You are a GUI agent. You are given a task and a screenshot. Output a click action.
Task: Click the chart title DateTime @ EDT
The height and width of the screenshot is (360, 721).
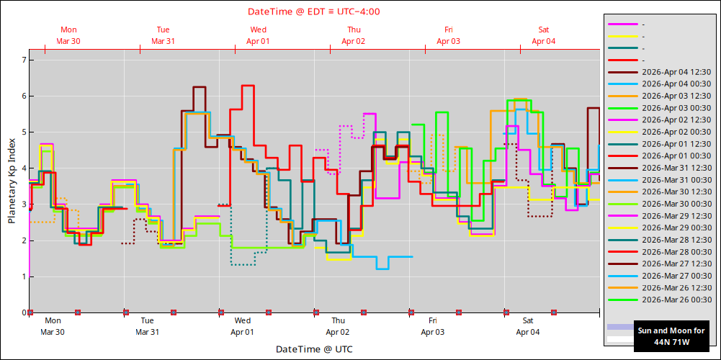click(314, 12)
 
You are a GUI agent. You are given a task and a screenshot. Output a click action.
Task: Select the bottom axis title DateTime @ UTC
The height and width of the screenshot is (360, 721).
click(314, 349)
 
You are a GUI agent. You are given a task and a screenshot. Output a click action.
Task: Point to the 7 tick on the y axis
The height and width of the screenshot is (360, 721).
click(23, 60)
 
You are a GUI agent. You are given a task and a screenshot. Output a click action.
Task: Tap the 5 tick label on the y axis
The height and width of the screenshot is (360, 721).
click(23, 132)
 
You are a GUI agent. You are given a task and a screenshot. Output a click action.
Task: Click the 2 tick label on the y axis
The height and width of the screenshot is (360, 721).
click(23, 240)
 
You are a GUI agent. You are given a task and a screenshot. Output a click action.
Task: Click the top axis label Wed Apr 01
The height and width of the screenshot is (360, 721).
click(259, 35)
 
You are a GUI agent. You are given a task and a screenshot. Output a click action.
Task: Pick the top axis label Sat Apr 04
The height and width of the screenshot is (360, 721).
click(544, 35)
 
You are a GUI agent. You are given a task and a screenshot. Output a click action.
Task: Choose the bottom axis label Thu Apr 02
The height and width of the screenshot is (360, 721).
click(338, 326)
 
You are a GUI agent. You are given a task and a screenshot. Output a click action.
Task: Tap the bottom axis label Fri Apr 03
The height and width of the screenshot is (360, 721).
click(433, 326)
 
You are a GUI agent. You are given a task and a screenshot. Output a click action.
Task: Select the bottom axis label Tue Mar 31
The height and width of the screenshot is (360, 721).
click(147, 326)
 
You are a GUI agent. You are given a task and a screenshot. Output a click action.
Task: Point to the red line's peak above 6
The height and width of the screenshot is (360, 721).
click(248, 86)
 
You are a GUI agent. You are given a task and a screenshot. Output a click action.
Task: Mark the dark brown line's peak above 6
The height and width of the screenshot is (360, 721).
click(200, 87)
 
